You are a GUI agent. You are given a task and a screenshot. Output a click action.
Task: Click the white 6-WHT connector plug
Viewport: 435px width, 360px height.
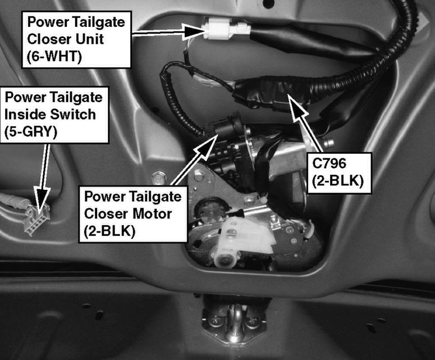click(x=226, y=28)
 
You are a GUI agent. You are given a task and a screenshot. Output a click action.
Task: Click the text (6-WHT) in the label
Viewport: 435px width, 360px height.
click(x=54, y=56)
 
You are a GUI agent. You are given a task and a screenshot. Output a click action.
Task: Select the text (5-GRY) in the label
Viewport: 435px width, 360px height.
click(x=31, y=131)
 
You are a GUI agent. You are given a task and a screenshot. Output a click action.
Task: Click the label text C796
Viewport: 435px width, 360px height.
click(x=329, y=163)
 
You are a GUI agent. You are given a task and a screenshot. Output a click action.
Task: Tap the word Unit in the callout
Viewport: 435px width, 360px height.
click(x=89, y=39)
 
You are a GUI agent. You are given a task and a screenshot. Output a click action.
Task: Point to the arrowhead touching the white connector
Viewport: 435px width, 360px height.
click(x=194, y=31)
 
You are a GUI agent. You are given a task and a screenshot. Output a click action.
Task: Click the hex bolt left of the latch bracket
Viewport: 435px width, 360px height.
click(x=159, y=177)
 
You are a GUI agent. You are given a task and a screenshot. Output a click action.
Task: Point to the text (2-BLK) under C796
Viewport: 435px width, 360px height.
click(x=338, y=181)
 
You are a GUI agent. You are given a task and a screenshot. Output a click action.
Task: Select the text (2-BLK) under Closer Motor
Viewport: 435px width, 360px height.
click(x=109, y=231)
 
